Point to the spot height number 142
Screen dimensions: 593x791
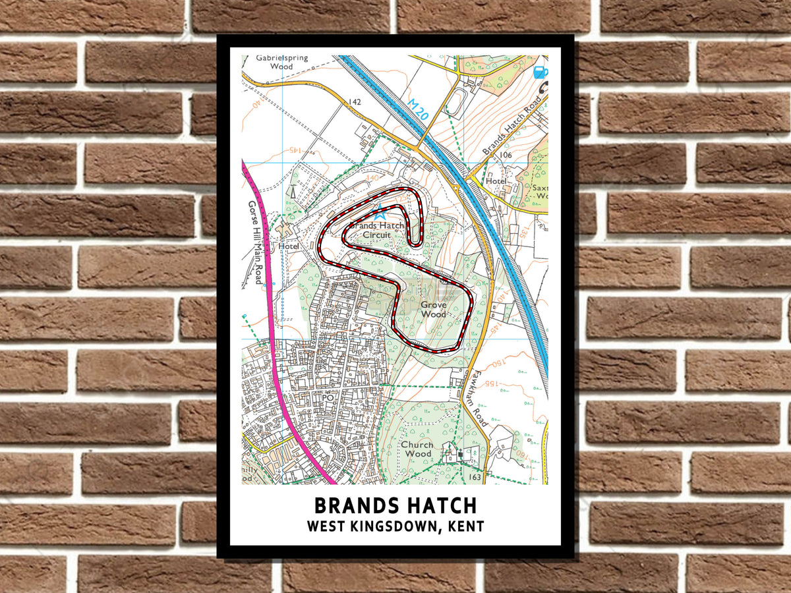(355, 102)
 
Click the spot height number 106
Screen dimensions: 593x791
(506, 155)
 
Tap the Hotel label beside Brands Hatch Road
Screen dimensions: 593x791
(496, 181)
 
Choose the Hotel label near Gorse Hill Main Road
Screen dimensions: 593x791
(289, 246)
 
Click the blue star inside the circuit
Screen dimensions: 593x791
(379, 212)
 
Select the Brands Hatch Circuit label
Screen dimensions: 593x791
(377, 230)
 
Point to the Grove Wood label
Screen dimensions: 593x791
(433, 309)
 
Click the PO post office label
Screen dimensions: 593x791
(328, 398)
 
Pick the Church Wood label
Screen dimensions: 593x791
(417, 449)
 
